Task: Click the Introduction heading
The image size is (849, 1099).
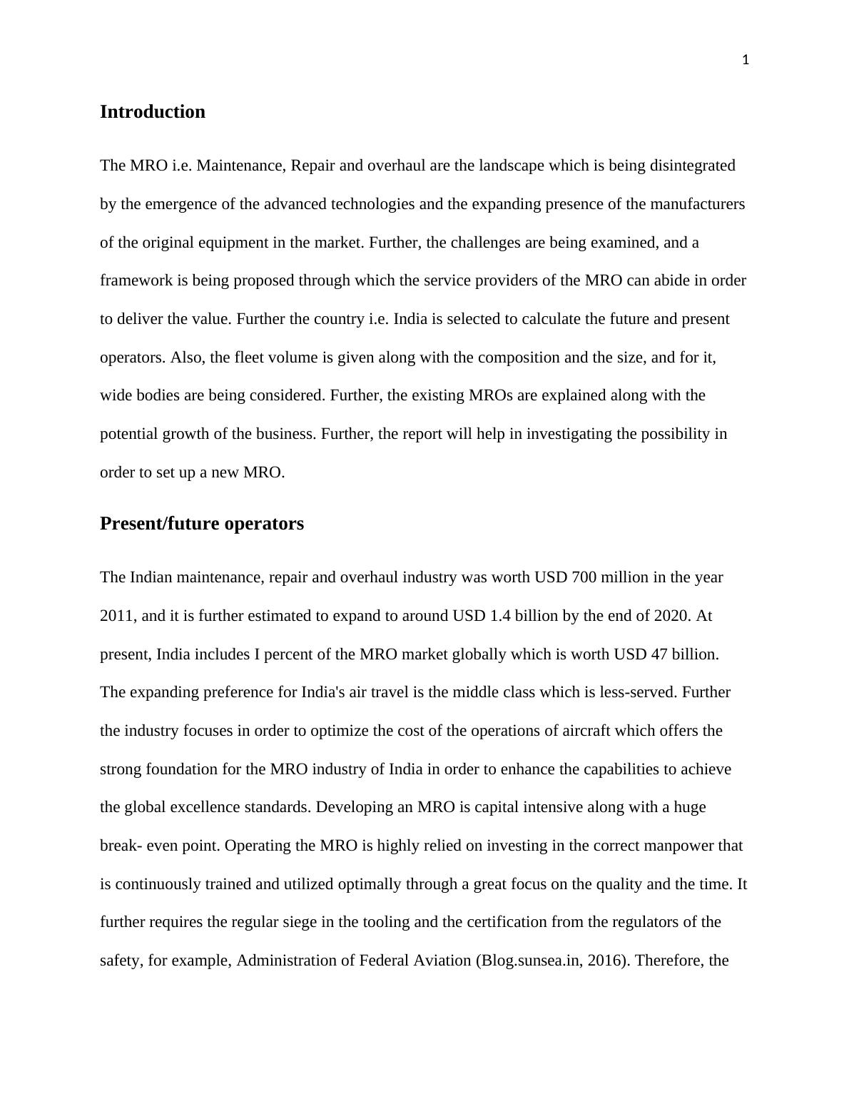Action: click(152, 112)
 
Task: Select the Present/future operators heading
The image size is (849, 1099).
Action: click(201, 524)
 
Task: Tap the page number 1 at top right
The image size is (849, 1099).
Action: click(746, 61)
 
